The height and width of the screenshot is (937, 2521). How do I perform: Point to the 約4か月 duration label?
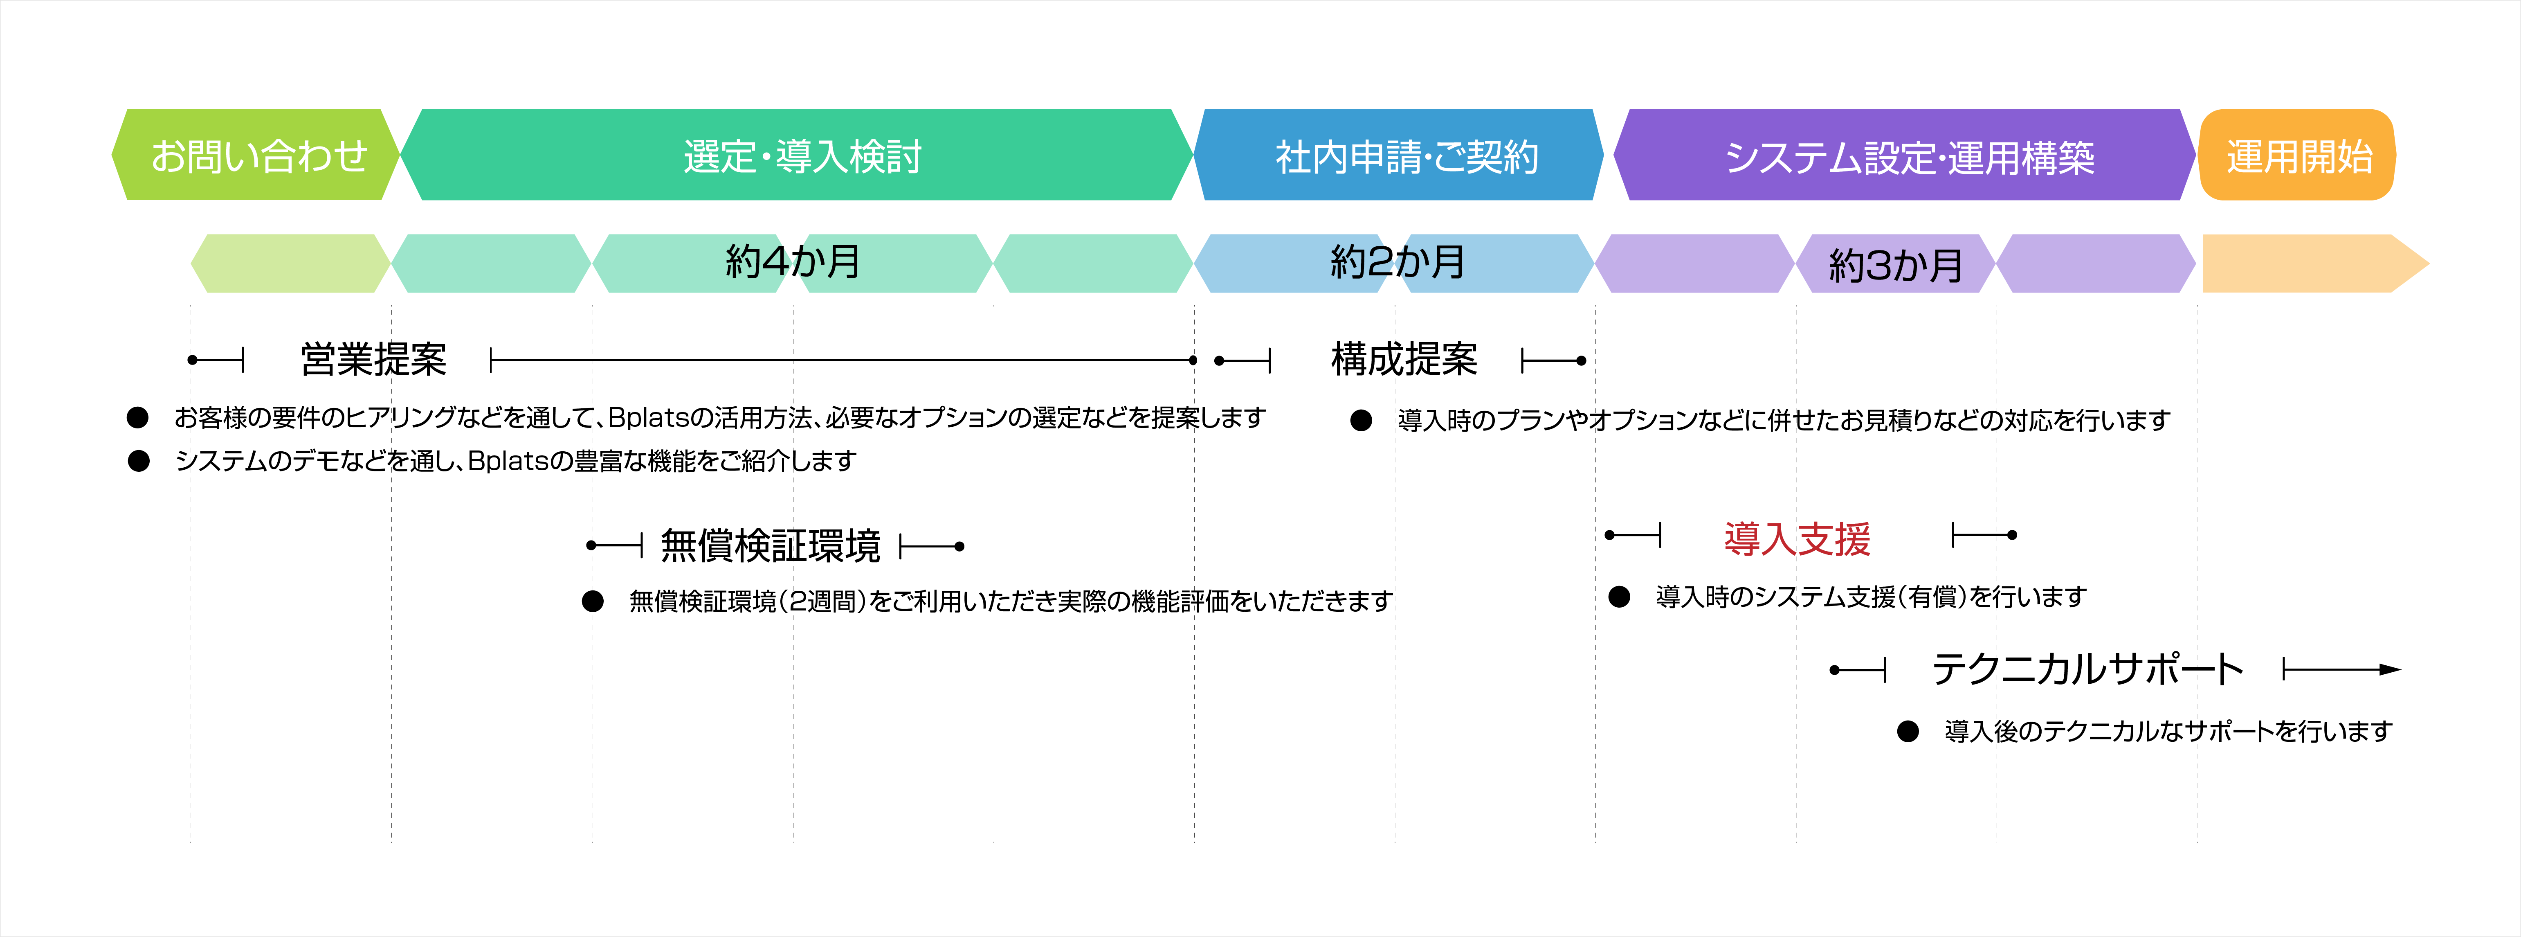793,261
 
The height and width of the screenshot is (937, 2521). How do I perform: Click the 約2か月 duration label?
1398,261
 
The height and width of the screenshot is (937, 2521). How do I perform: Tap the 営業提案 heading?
374,359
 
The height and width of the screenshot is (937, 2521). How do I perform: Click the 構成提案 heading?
1404,359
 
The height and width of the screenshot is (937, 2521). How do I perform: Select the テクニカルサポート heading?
2087,670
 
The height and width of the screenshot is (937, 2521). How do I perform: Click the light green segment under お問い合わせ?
291,264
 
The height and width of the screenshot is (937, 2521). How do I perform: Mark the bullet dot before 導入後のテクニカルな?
1908,731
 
